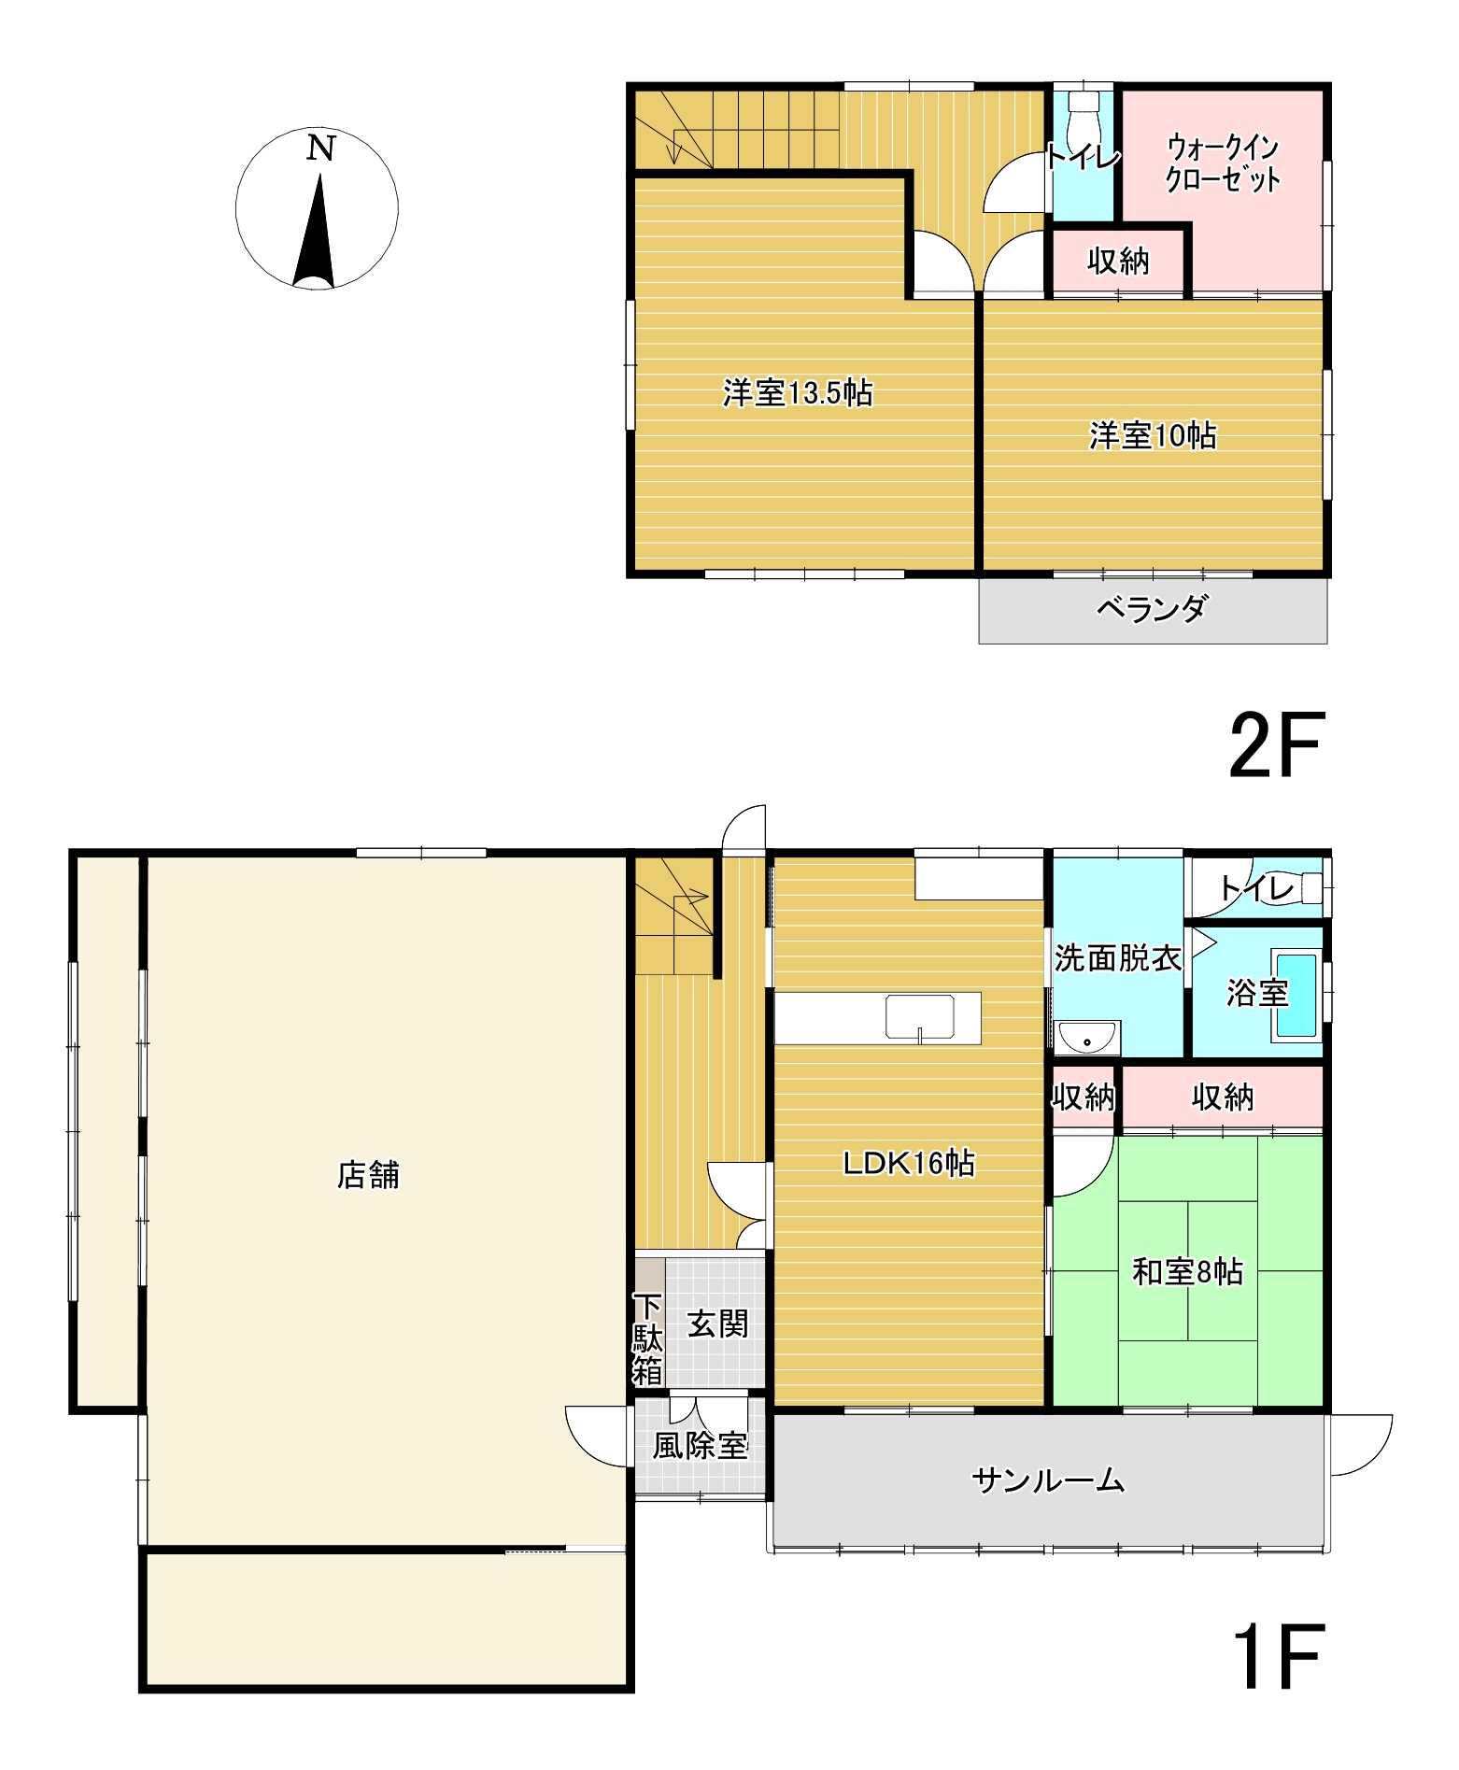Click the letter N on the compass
pyautogui.click(x=320, y=149)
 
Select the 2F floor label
pyautogui.click(x=1276, y=745)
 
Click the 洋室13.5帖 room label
pyautogui.click(x=797, y=393)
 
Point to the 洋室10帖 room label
pyautogui.click(x=1152, y=436)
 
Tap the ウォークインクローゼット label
pyautogui.click(x=1222, y=163)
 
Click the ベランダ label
pyautogui.click(x=1151, y=609)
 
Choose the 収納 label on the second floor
pyautogui.click(x=1118, y=262)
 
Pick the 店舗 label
pyautogui.click(x=368, y=1175)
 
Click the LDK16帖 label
pyautogui.click(x=908, y=1163)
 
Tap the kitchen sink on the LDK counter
pyautogui.click(x=920, y=1017)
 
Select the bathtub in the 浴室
pyautogui.click(x=1296, y=996)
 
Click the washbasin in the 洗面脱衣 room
pyautogui.click(x=1088, y=1037)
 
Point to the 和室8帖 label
pyautogui.click(x=1186, y=1272)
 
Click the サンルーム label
pyautogui.click(x=1047, y=1480)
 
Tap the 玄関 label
pyautogui.click(x=717, y=1324)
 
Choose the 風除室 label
pyautogui.click(x=700, y=1446)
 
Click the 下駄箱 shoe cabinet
pyautogui.click(x=649, y=1338)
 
